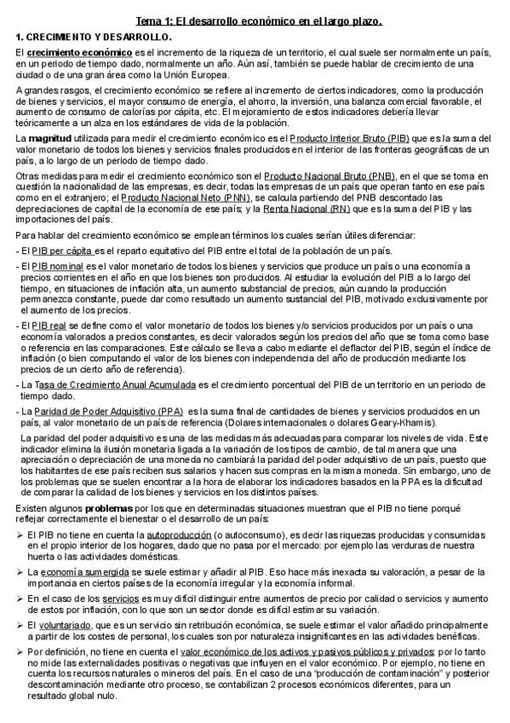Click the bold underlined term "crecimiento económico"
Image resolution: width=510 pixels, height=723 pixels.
tap(68, 54)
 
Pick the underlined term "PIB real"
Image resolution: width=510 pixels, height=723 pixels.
tap(49, 326)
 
